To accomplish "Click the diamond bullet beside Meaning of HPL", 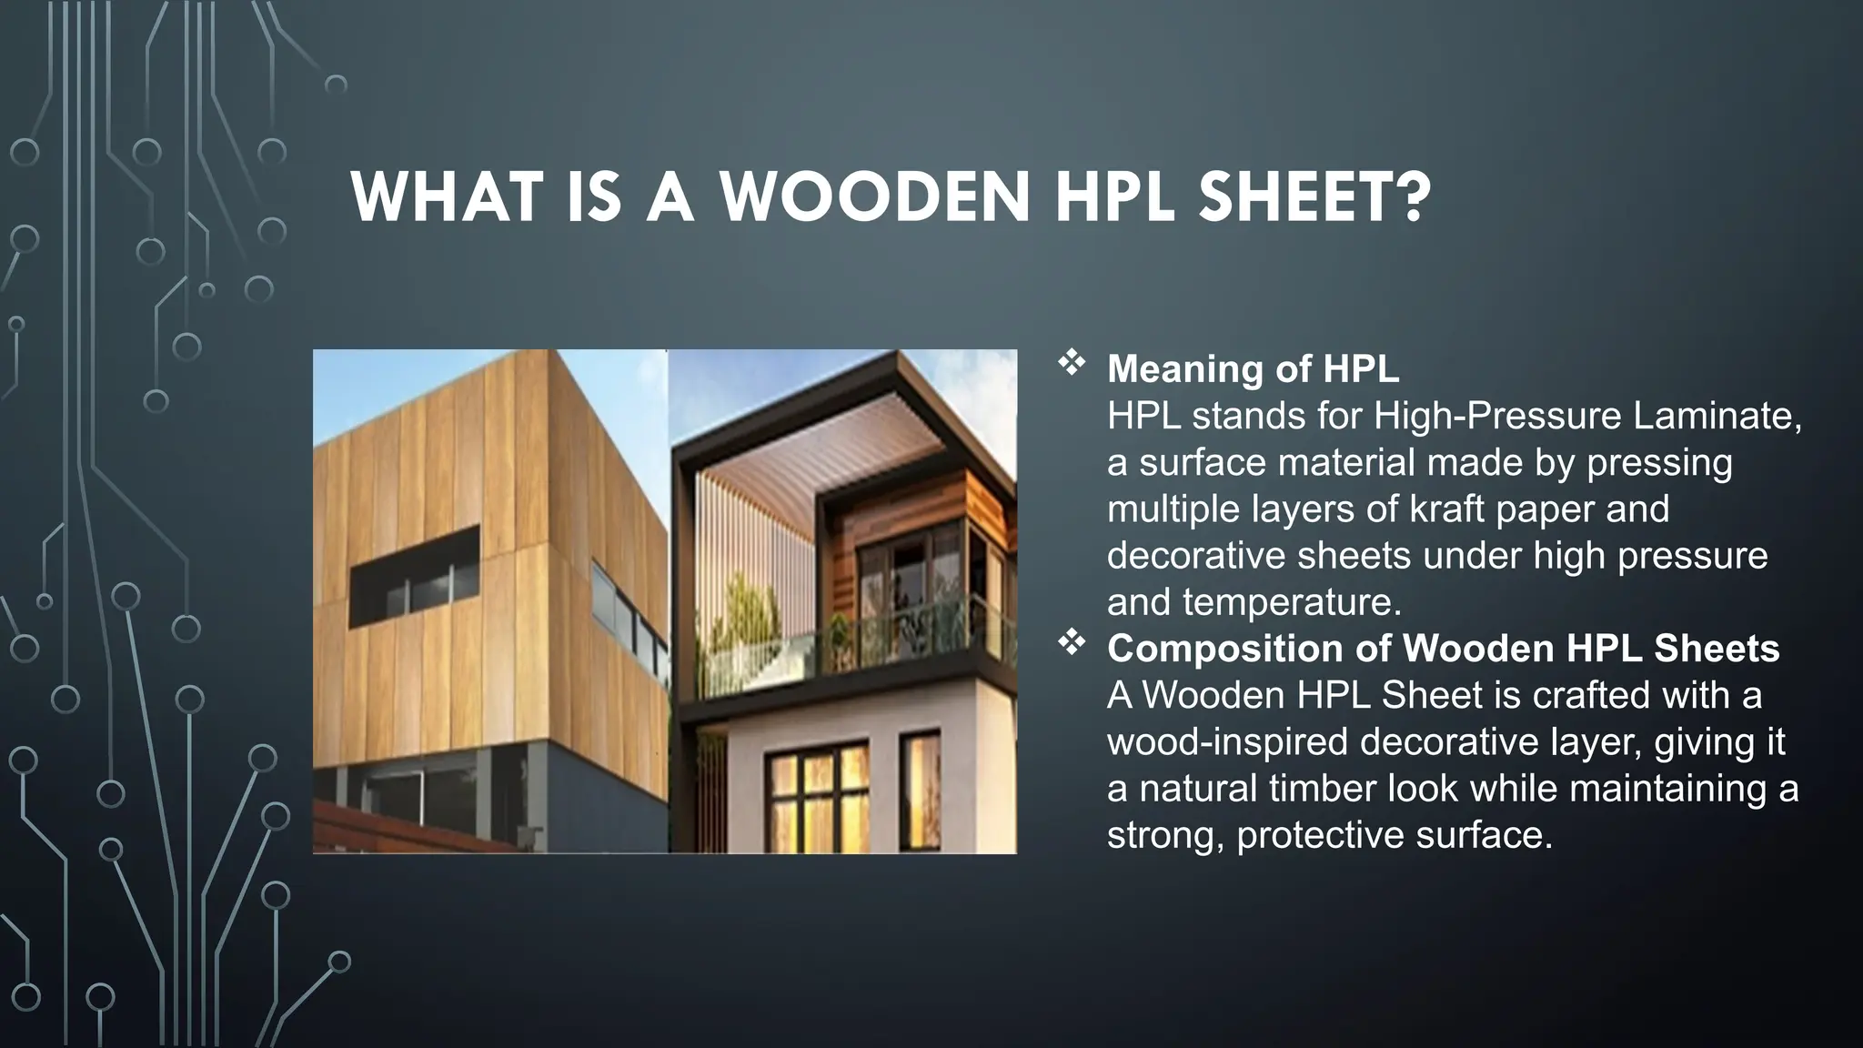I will [x=1072, y=363].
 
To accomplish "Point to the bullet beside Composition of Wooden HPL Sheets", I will [x=1072, y=643].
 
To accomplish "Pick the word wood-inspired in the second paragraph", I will [x=1228, y=741].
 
